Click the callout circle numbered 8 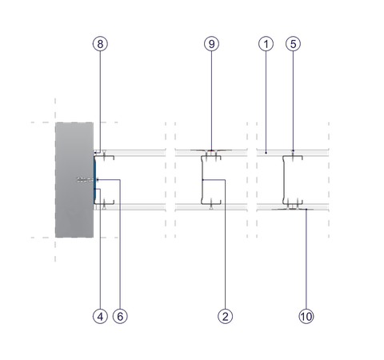point(100,44)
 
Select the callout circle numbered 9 point(211,44)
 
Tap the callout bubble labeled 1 point(266,44)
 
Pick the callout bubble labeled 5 point(293,44)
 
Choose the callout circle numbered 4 point(100,316)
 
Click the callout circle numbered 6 point(120,316)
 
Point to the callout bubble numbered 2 point(226,316)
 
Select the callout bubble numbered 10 point(306,316)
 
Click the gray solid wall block point(74,180)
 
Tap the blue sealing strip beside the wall point(94,180)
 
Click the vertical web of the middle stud point(202,180)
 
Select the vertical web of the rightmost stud point(283,180)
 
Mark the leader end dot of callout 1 point(266,153)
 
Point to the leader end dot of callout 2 point(202,180)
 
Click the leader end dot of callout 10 point(306,210)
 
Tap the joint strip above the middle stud point(211,150)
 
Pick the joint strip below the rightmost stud point(293,210)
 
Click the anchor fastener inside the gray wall point(86,180)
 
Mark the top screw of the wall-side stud point(104,155)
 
